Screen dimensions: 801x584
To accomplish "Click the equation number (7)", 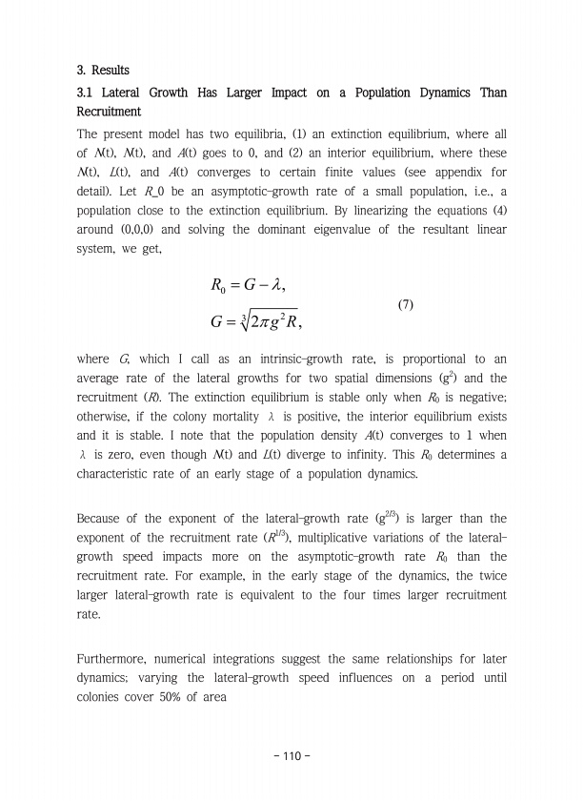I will tap(403, 305).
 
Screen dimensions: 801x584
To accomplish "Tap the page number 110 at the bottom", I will tap(291, 756).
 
